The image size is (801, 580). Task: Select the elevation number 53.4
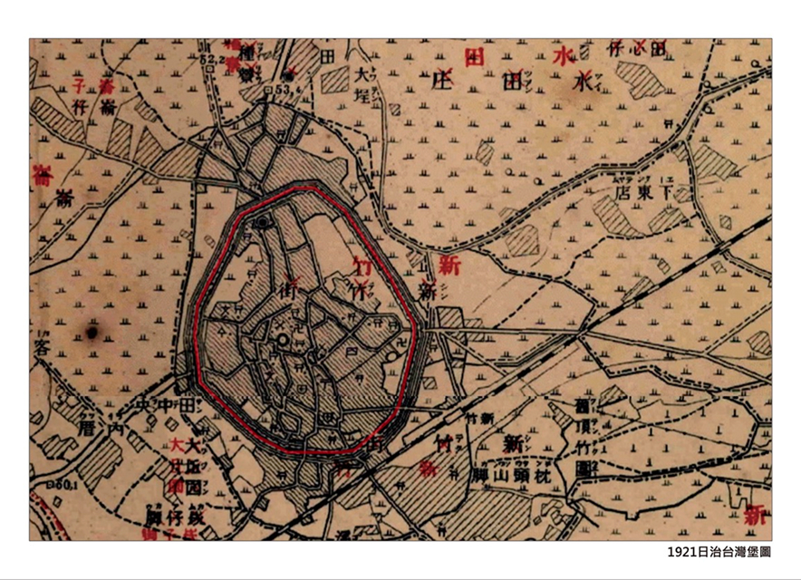pos(289,90)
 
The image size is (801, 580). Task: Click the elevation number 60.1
pos(43,487)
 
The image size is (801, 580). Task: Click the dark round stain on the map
pos(91,333)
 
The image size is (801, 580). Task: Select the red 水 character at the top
pos(564,57)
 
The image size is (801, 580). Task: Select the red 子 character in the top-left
pos(79,88)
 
